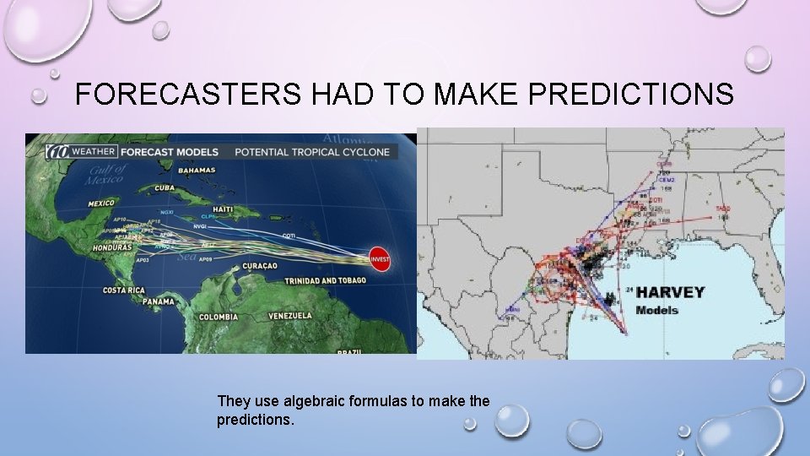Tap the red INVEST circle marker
[x=380, y=258]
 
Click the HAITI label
[x=223, y=209]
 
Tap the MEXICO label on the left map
[x=102, y=204]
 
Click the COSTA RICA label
[x=125, y=290]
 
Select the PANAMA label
[x=158, y=301]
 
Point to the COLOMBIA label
[x=219, y=318]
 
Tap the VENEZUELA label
[x=289, y=316]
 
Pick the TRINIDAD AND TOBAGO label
[x=325, y=280]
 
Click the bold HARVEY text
[x=670, y=292]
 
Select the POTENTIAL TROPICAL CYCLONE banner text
[x=311, y=152]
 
